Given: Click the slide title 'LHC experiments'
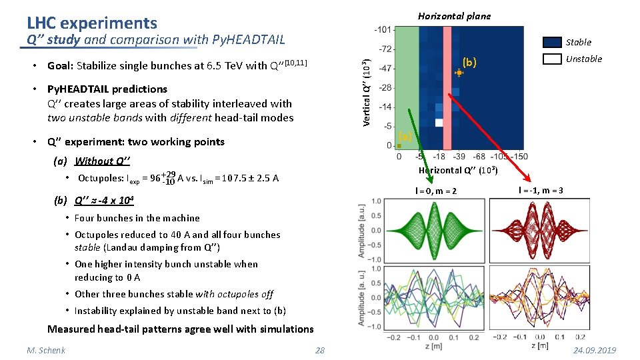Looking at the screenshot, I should coord(92,23).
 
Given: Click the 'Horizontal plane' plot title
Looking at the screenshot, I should coord(453,16).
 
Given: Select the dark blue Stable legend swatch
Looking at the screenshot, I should coord(552,42).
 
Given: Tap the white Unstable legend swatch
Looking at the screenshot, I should coord(552,59).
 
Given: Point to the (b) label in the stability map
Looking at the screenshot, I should coord(469,62).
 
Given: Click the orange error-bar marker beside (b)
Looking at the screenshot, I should coord(459,73).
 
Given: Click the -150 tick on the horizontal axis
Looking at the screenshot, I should coord(519,156).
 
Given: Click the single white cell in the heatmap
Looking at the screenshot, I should coord(438,123).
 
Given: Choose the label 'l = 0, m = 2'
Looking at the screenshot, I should coord(436,191).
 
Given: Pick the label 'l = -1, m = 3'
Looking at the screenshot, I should coord(541,191).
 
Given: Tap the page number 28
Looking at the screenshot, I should coord(319,351).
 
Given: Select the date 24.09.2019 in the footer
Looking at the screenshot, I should coord(593,351).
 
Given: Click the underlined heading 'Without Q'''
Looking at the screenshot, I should coord(102,161).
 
